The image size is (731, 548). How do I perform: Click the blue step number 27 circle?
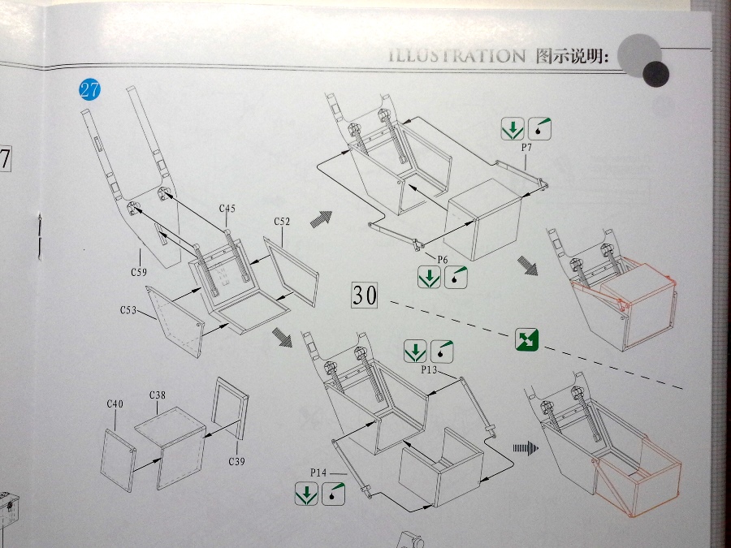tap(89, 89)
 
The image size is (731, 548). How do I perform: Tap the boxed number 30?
tap(365, 296)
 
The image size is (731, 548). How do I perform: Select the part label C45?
tap(227, 209)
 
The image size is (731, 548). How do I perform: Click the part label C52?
tap(282, 221)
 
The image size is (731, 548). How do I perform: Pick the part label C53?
tap(128, 310)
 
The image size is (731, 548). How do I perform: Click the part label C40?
tap(115, 403)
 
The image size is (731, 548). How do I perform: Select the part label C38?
tap(158, 395)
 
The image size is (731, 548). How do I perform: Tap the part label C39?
tap(236, 460)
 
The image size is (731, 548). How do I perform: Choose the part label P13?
tap(430, 370)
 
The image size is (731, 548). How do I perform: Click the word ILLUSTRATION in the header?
tap(456, 56)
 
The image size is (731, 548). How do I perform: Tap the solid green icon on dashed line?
tap(527, 339)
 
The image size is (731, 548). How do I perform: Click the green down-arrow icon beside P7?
tap(513, 128)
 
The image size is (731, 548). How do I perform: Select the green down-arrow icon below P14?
tap(307, 493)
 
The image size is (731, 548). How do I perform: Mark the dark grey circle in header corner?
tap(655, 74)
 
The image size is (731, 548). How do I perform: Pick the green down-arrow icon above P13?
tap(415, 352)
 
